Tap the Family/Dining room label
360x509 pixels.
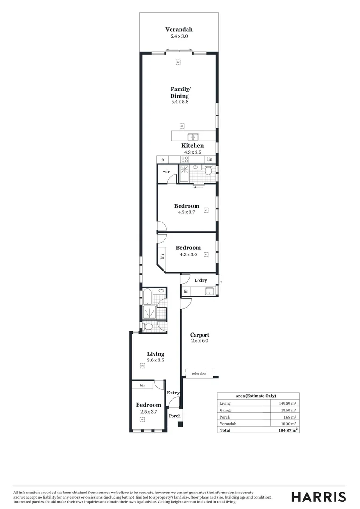click(180, 92)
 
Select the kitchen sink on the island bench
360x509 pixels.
click(193, 137)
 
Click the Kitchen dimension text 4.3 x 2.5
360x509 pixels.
click(192, 152)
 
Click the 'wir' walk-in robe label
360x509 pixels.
click(166, 172)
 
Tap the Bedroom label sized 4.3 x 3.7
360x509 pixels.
click(187, 206)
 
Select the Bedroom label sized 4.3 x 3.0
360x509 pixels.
click(188, 248)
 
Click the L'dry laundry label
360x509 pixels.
click(201, 280)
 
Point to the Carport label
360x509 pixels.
click(199, 335)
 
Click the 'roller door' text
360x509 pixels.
click(199, 373)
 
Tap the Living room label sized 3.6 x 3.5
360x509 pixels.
click(155, 354)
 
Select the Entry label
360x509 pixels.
click(173, 393)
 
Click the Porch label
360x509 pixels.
click(174, 416)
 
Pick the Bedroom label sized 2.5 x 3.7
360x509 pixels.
click(148, 405)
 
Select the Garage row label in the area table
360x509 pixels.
click(226, 410)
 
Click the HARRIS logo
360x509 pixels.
click(318, 497)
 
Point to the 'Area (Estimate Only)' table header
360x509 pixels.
click(255, 396)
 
